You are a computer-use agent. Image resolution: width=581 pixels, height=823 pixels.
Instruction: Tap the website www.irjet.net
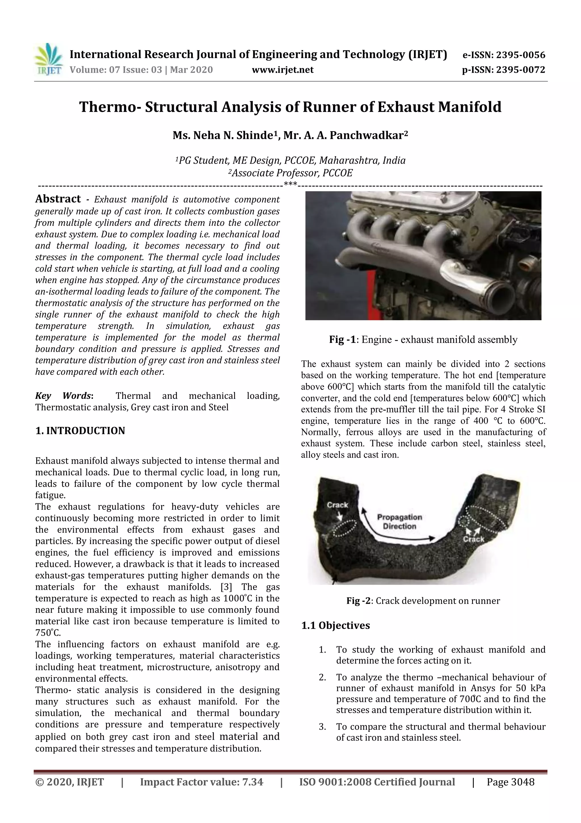pos(283,70)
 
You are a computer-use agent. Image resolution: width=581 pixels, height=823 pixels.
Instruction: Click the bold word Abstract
pos(58,199)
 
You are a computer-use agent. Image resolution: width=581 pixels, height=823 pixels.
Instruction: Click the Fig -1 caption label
pos(342,339)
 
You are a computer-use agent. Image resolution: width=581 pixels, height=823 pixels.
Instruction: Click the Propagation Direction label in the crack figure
pos(399,522)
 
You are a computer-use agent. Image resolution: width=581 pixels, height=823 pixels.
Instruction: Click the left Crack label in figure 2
pos(337,505)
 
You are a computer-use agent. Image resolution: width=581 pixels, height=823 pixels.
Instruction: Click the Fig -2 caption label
pos(359,601)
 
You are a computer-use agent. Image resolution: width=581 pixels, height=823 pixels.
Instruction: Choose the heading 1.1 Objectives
pos(335,626)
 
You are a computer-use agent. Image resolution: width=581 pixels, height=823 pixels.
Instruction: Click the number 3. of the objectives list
pos(322,727)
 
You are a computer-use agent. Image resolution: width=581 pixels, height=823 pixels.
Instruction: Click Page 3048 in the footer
pos(510,782)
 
